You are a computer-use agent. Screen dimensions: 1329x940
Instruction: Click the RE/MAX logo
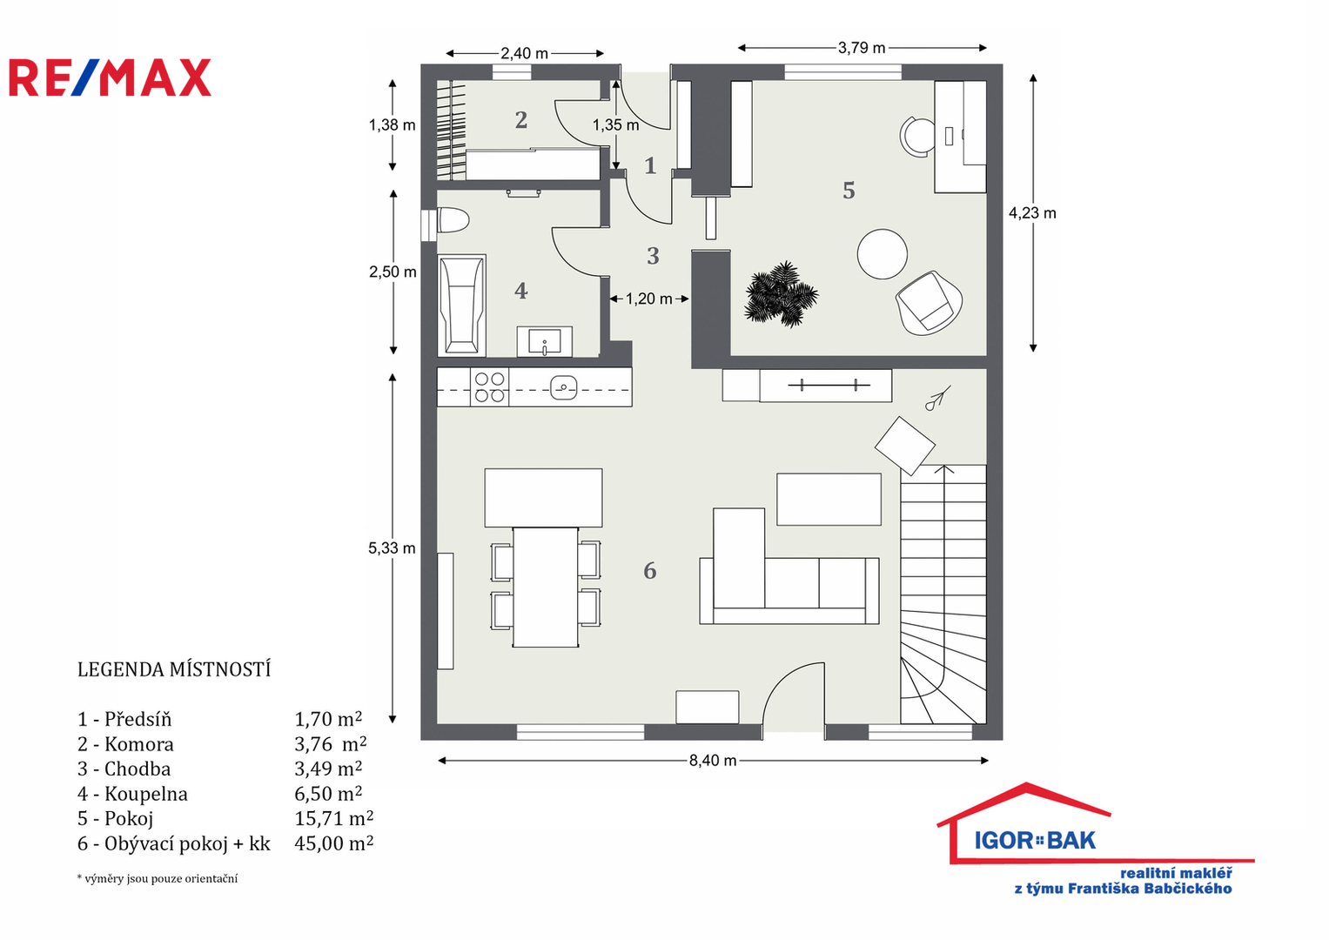pyautogui.click(x=111, y=77)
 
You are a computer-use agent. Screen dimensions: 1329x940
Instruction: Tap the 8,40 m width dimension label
pyautogui.click(x=713, y=760)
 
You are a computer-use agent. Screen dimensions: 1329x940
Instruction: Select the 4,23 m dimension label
pyautogui.click(x=1032, y=213)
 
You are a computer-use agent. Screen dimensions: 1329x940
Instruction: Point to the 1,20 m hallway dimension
pyautogui.click(x=649, y=299)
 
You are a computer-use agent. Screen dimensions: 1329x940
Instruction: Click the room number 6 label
pyautogui.click(x=649, y=571)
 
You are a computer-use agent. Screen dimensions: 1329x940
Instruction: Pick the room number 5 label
pyautogui.click(x=849, y=191)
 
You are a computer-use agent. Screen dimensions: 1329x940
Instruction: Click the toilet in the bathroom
pyautogui.click(x=453, y=220)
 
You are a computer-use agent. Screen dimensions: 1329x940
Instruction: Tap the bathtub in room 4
pyautogui.click(x=461, y=305)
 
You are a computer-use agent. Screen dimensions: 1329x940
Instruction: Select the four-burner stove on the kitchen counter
pyautogui.click(x=489, y=387)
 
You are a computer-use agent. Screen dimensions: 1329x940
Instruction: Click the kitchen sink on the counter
pyautogui.click(x=564, y=388)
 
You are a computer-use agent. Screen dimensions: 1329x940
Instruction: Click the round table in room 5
pyautogui.click(x=883, y=254)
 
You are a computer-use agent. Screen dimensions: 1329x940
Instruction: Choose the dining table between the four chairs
pyautogui.click(x=545, y=587)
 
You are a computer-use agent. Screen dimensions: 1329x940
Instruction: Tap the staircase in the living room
pyautogui.click(x=943, y=594)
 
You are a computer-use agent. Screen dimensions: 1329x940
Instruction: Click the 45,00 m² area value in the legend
pyautogui.click(x=334, y=843)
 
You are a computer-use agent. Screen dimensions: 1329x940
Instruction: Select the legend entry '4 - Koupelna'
pyautogui.click(x=132, y=794)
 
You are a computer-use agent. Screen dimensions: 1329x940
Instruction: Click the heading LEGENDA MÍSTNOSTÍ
pyautogui.click(x=174, y=669)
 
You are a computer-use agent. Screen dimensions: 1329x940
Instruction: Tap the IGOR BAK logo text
pyautogui.click(x=1035, y=840)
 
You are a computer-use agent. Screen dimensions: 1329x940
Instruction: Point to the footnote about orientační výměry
pyautogui.click(x=158, y=879)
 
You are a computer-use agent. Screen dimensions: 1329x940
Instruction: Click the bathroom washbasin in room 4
pyautogui.click(x=545, y=342)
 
